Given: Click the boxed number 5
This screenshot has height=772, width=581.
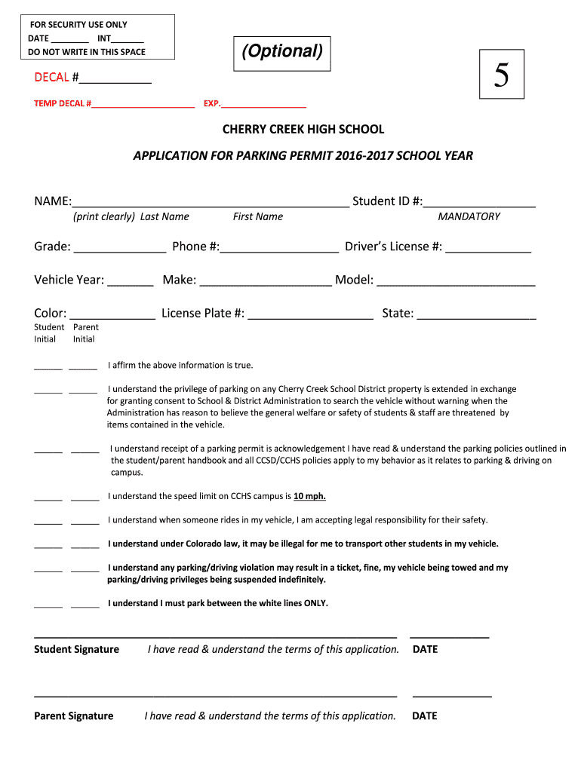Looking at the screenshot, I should coord(502,75).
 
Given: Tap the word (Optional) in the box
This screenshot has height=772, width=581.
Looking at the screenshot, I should coord(282,51).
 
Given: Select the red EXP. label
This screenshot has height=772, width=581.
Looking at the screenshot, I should coord(212,103).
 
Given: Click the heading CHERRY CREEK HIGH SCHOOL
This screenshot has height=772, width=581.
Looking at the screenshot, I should coord(303,130).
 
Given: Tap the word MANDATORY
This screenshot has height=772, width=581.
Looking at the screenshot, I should coord(469,217).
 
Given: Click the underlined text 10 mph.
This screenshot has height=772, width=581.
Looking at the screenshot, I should coord(309,497).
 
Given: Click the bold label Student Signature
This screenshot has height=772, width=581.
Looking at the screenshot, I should coord(76,650).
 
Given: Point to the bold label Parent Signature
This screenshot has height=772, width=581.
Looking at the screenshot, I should coord(74,716).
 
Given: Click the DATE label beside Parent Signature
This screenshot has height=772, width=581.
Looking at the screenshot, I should coord(424,716).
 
